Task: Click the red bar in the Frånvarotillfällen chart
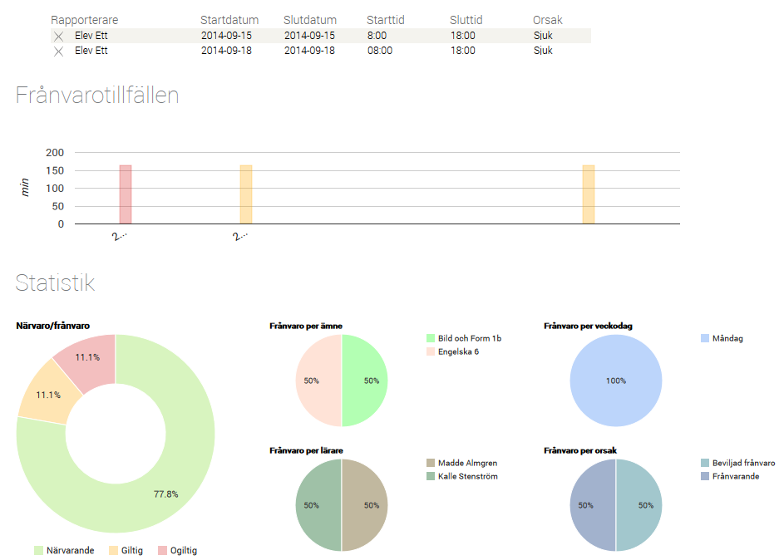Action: [126, 194]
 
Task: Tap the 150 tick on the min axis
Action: [55, 170]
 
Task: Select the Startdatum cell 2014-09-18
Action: [226, 51]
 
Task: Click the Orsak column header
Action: [547, 20]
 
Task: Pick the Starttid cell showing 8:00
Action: [377, 36]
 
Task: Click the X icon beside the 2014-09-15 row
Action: [58, 37]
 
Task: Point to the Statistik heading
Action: [55, 282]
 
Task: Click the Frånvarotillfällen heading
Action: [97, 95]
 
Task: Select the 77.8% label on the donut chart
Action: [166, 494]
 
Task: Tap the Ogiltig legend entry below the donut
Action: [177, 550]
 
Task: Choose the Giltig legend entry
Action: [127, 550]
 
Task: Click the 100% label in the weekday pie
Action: [616, 381]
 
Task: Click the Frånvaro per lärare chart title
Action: [307, 450]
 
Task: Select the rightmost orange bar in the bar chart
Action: [589, 194]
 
